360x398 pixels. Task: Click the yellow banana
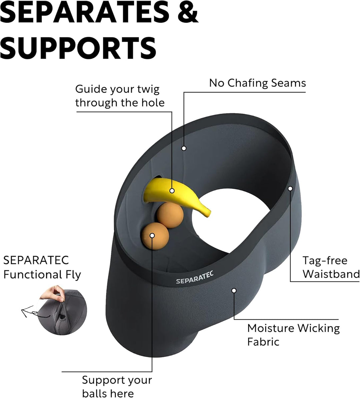(x=176, y=197)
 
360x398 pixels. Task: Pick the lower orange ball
(x=155, y=236)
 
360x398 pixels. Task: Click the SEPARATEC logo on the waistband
(x=195, y=277)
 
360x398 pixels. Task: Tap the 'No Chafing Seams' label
(x=257, y=83)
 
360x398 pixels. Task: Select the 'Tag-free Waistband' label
(x=331, y=267)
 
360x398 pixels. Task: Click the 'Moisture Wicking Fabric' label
(x=293, y=335)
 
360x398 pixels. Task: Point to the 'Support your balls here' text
(x=117, y=386)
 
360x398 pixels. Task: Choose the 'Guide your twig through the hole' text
(x=120, y=96)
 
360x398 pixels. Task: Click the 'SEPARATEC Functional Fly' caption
(x=42, y=267)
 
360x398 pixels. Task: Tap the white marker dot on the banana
(x=172, y=191)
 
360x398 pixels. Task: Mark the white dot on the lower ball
(x=152, y=236)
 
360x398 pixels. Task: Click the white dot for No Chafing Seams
(x=184, y=148)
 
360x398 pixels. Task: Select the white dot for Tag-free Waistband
(x=290, y=188)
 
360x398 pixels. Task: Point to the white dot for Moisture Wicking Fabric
(x=234, y=290)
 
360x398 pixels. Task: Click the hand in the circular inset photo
(x=52, y=293)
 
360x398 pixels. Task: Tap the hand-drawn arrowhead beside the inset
(x=25, y=311)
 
